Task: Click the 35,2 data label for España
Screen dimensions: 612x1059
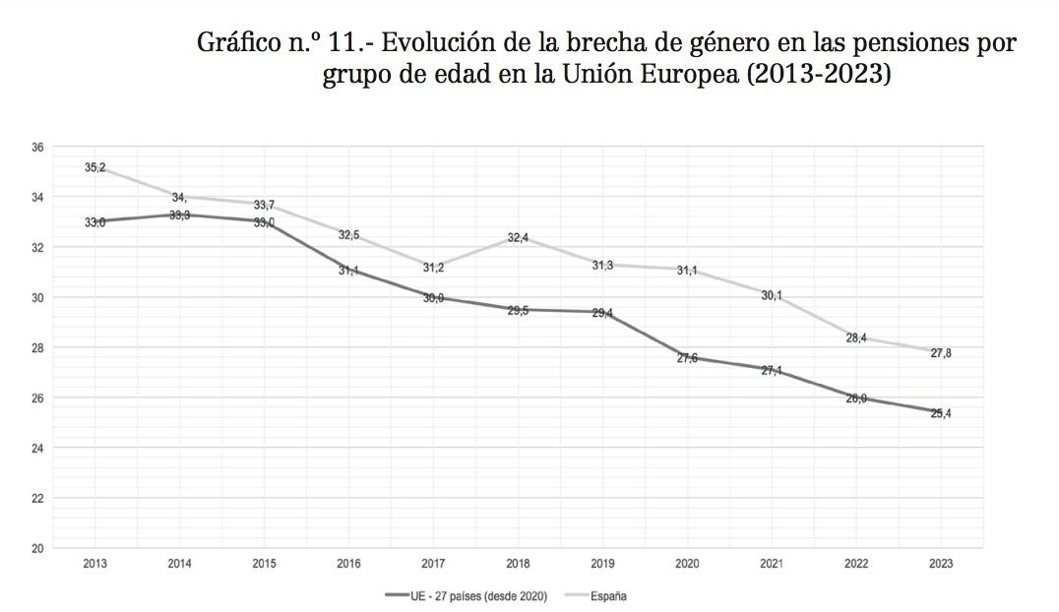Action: [x=95, y=168]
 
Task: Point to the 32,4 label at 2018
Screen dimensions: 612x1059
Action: [x=519, y=237]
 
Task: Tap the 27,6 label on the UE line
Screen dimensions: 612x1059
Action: [x=688, y=358]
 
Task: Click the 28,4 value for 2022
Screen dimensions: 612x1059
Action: [x=857, y=338]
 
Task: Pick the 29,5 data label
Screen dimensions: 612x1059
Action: [x=519, y=311]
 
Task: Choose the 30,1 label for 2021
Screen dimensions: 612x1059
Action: [x=773, y=295]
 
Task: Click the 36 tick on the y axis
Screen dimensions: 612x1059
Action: [x=37, y=148]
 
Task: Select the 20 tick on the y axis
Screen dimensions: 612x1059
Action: [x=37, y=548]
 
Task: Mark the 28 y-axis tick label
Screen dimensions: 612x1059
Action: [x=37, y=347]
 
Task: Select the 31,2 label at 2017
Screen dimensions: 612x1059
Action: [x=434, y=268]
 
